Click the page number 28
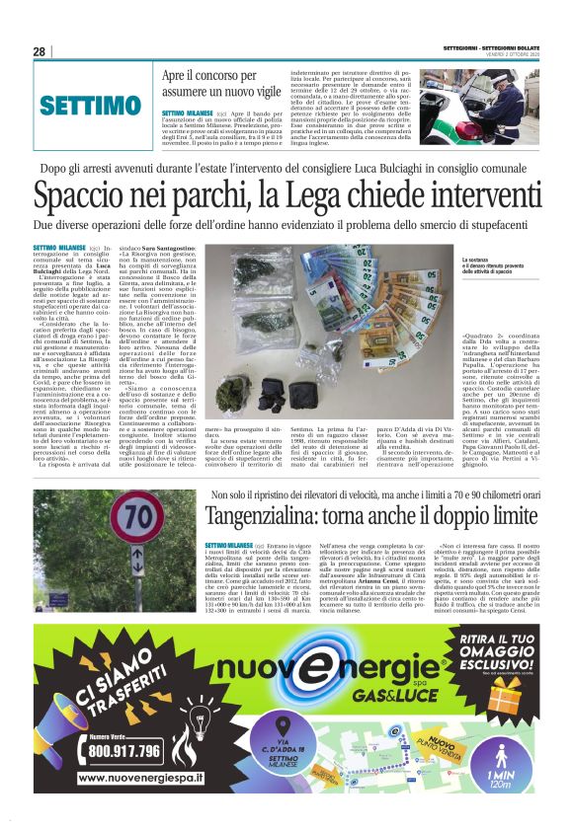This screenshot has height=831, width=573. tap(40, 51)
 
